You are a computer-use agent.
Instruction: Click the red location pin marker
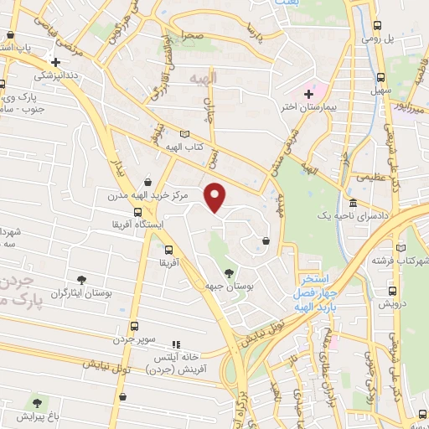216,196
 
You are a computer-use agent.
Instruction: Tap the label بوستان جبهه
229,286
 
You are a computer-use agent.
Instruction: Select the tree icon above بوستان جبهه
229,272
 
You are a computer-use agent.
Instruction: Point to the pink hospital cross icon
308,93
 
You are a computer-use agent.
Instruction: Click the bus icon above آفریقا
169,250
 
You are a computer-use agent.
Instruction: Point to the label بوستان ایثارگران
81,293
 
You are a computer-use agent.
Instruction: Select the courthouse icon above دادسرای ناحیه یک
353,203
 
